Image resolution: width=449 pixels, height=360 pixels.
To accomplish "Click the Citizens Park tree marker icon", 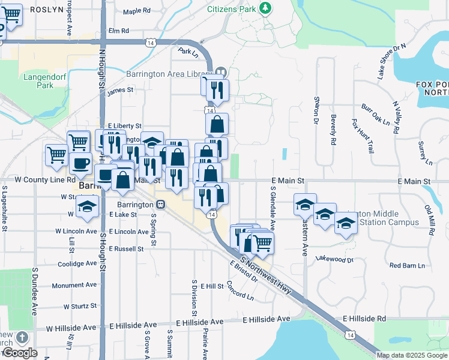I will (x=265, y=8).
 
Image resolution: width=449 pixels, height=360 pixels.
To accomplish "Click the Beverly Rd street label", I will (x=332, y=130).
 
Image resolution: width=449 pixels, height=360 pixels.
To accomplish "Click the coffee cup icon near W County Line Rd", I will (x=80, y=163).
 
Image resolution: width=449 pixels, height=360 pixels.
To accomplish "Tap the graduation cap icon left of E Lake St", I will (x=87, y=208).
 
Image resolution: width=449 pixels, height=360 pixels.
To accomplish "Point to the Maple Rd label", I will (x=136, y=11).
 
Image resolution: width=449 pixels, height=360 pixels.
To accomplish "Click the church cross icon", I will (x=22, y=338).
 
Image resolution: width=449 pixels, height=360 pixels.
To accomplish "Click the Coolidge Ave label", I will (x=77, y=263).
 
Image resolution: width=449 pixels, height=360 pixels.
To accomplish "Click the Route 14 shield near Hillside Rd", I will (x=349, y=334).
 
